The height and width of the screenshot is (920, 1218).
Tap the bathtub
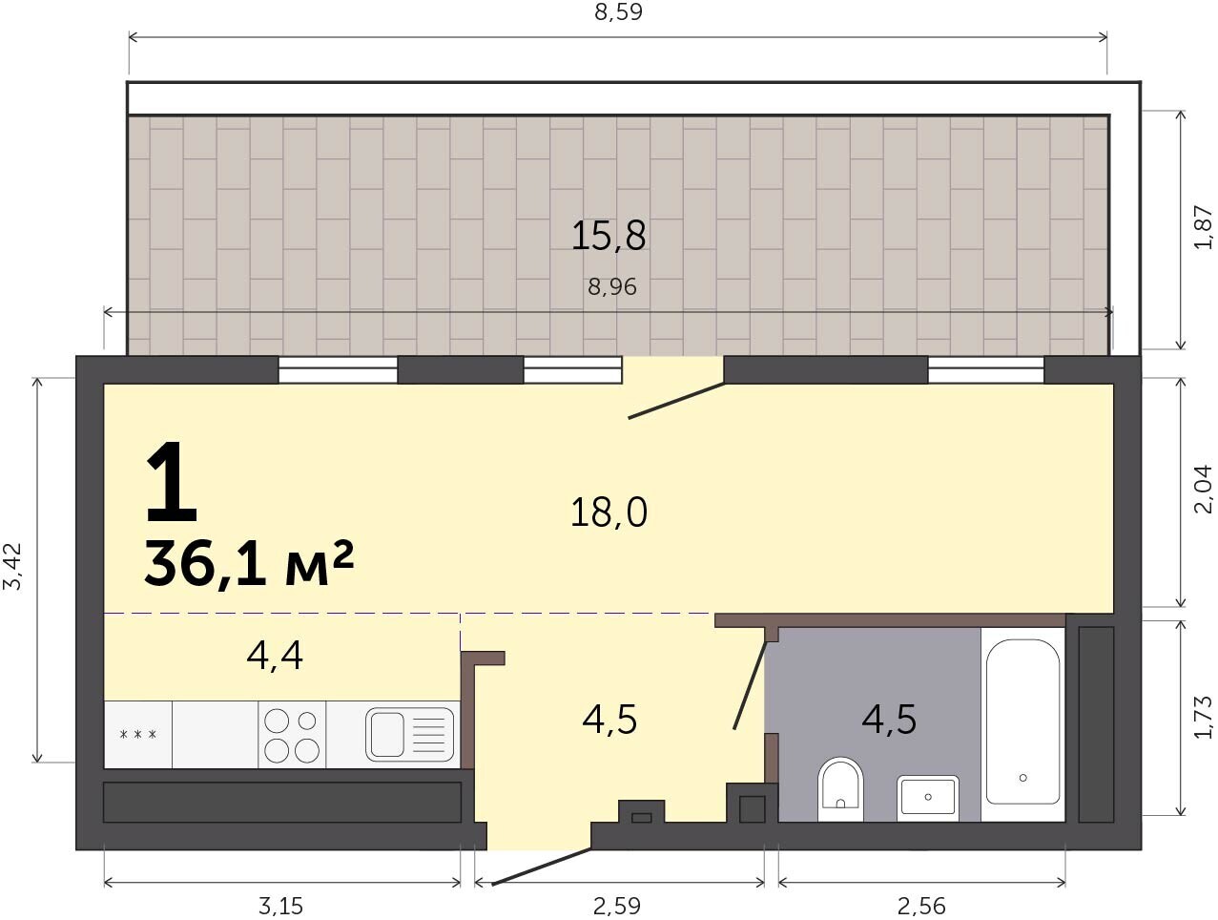click(x=1022, y=721)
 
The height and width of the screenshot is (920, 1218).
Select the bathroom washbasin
click(x=928, y=798)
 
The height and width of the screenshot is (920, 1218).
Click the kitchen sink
click(x=409, y=734)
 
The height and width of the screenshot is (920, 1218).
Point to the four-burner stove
click(x=292, y=735)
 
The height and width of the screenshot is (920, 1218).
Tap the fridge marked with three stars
click(x=138, y=735)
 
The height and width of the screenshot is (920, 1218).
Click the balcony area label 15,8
click(x=609, y=236)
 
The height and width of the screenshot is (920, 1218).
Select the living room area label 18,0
click(x=609, y=512)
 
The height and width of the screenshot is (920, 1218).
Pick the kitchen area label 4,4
click(x=275, y=657)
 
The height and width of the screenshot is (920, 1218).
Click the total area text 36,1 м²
click(x=249, y=564)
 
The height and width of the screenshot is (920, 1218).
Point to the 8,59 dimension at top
click(x=618, y=11)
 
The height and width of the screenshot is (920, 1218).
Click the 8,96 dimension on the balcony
click(x=612, y=287)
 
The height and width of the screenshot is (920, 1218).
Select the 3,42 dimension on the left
click(x=12, y=565)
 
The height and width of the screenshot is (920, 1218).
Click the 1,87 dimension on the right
click(x=1203, y=228)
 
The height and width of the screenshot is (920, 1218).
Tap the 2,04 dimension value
click(x=1203, y=489)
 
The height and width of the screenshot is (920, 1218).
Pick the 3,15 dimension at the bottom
click(x=280, y=906)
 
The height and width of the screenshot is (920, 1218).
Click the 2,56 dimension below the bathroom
click(x=921, y=906)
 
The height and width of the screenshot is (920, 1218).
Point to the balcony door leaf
click(x=676, y=400)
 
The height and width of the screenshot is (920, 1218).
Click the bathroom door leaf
click(x=751, y=685)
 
